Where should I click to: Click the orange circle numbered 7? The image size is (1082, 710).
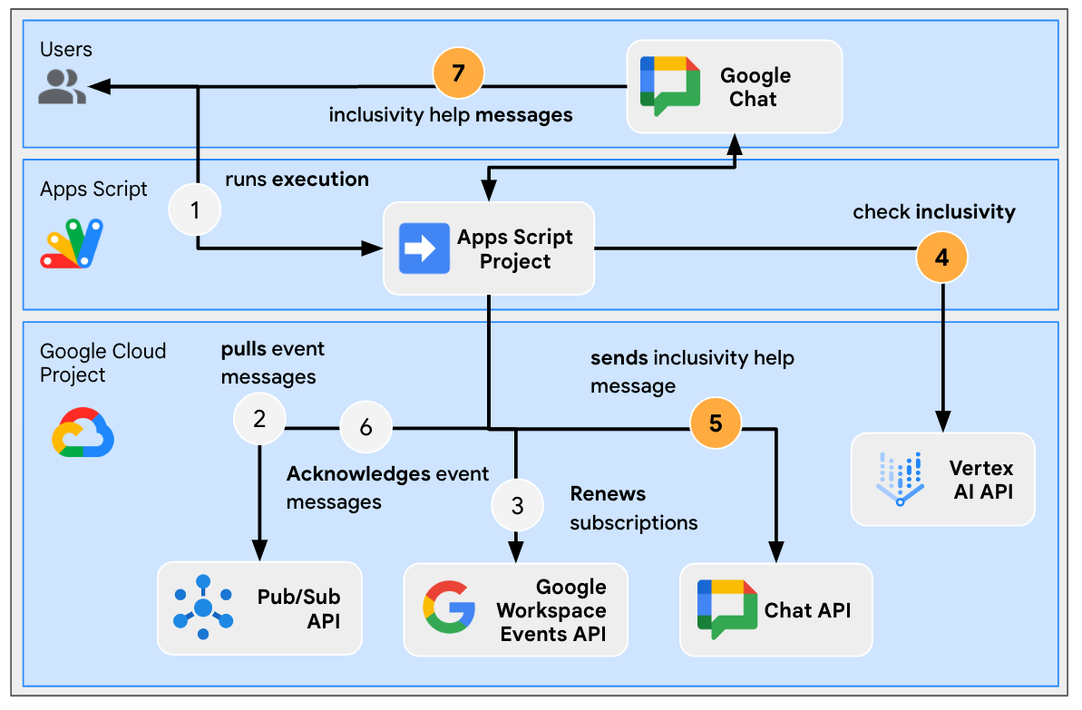point(458,73)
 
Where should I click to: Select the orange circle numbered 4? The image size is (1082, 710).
point(942,257)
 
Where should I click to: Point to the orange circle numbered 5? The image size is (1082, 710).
point(716,423)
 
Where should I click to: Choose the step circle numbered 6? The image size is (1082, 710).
point(366,427)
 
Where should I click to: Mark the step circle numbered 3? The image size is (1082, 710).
point(517,505)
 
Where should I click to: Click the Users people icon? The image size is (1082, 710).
point(63,87)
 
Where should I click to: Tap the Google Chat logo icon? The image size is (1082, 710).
point(669,85)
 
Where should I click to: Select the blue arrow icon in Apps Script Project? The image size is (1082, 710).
point(424,248)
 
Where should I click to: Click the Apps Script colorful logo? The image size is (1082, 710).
point(72,243)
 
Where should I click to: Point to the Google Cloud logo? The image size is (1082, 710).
point(83,433)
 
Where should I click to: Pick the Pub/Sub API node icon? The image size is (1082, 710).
point(202,607)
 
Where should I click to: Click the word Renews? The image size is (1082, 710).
point(608,494)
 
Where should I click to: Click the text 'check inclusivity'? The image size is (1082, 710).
point(933,212)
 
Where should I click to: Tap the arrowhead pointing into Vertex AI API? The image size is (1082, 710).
point(942,421)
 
